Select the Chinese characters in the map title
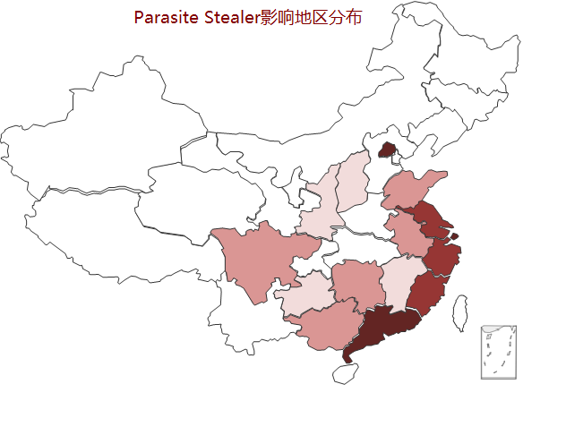311,17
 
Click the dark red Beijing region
388,149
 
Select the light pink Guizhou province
304,295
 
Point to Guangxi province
326,327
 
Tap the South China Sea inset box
498,352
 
